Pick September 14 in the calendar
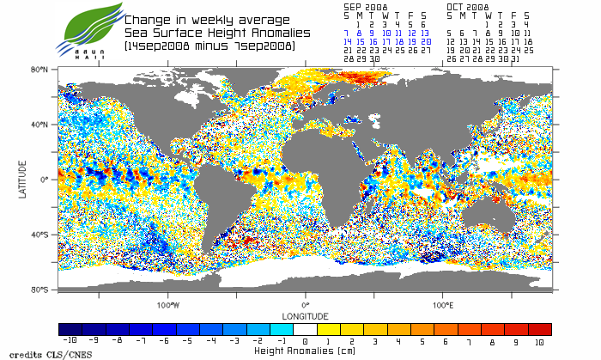pos(348,41)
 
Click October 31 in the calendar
pos(514,59)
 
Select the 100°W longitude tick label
pos(167,304)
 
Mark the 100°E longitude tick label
pos(443,304)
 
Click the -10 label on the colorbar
pos(73,342)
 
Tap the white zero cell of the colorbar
pos(306,329)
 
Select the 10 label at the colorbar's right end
pos(538,342)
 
